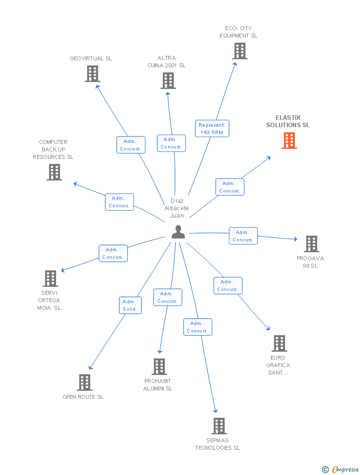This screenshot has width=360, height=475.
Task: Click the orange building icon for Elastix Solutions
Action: [x=289, y=141]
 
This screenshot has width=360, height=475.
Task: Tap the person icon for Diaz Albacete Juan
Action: [x=178, y=232]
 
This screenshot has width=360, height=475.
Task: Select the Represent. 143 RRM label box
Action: [x=212, y=129]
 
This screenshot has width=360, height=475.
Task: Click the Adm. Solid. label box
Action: [x=131, y=305]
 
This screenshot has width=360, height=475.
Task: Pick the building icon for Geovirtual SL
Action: [x=92, y=74]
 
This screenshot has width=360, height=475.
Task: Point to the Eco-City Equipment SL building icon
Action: [x=240, y=51]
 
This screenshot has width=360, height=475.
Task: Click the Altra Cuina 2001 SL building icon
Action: [x=168, y=81]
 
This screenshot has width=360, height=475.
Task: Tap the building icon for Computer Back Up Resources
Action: [x=54, y=172]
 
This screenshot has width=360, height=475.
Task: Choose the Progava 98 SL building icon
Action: [x=311, y=244]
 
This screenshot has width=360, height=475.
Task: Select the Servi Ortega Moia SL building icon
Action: [x=50, y=279]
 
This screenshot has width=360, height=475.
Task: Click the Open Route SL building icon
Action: [x=85, y=382]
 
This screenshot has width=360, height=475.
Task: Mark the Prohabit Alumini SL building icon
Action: [x=159, y=367]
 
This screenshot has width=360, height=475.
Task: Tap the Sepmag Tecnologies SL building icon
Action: [x=219, y=426]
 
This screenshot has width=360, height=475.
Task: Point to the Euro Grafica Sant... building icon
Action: [x=279, y=343]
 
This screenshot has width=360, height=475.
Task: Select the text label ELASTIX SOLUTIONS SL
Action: [x=288, y=121]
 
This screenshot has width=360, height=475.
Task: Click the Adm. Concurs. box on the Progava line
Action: [x=243, y=236]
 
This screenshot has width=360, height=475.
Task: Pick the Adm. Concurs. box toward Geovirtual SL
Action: [x=131, y=145]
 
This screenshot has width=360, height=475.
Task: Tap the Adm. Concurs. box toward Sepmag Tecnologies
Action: [x=198, y=327]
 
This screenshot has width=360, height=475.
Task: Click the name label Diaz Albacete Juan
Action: [x=177, y=208]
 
